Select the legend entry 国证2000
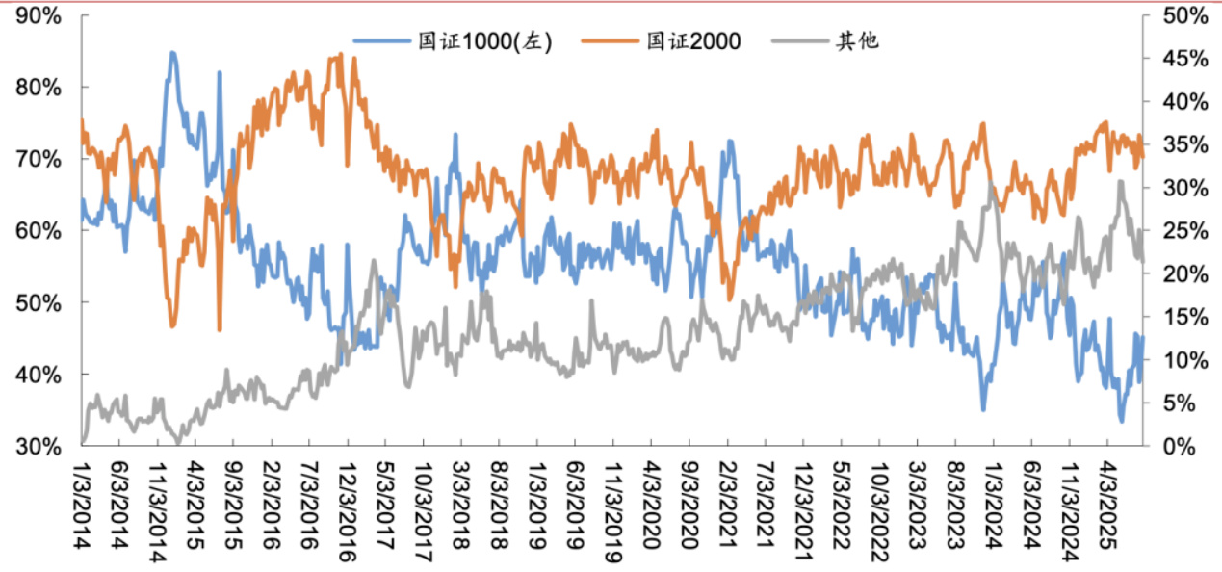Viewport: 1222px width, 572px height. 692,42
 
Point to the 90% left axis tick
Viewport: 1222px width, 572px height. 39,16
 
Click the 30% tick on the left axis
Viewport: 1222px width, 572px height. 39,446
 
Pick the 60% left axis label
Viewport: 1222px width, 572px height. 39,231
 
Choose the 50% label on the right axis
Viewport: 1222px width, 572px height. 1183,16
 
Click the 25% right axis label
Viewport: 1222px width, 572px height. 1183,231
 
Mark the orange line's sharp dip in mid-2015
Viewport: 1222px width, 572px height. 220,329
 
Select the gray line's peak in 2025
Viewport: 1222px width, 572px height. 1121,181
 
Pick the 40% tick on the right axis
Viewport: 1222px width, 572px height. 1183,102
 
